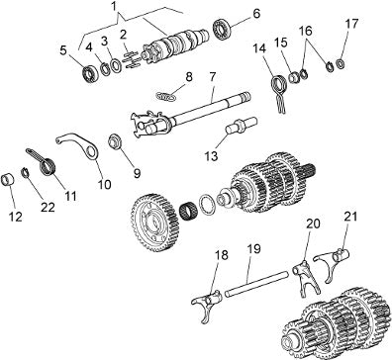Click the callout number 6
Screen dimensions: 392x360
[x=256, y=14]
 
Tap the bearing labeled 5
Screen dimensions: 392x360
[x=90, y=73]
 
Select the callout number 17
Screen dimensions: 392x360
[x=351, y=24]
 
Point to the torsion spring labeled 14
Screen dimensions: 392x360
[x=279, y=93]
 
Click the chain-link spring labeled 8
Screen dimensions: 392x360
[x=165, y=97]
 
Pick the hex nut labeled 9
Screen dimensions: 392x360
[x=114, y=141]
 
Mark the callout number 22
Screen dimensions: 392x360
[x=48, y=207]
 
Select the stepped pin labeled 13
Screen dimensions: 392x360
[x=241, y=127]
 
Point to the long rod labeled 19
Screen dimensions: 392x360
[x=256, y=283]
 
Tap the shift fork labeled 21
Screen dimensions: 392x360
[x=332, y=263]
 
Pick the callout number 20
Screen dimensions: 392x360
[x=313, y=224]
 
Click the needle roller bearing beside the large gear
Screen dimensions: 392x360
[x=190, y=212]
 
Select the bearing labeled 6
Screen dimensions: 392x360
[x=221, y=30]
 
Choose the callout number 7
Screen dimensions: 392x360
[x=212, y=77]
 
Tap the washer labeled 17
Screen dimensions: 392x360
[x=342, y=63]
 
